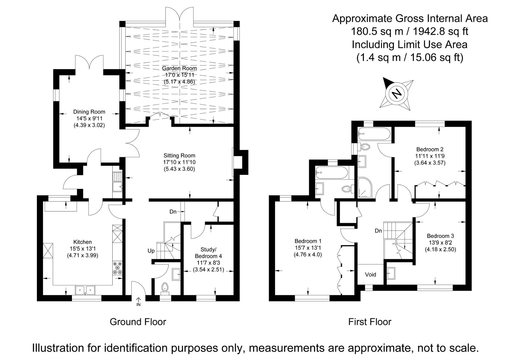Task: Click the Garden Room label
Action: click(179, 68)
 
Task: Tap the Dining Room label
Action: click(89, 112)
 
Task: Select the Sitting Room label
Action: click(179, 156)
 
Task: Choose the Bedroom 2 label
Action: click(430, 149)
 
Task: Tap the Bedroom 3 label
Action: click(440, 236)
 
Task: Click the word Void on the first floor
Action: click(371, 274)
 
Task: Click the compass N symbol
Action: click(396, 94)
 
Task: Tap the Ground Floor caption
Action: click(138, 322)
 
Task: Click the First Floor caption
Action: click(370, 322)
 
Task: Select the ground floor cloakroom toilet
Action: click(165, 287)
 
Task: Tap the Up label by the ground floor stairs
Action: click(151, 251)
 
